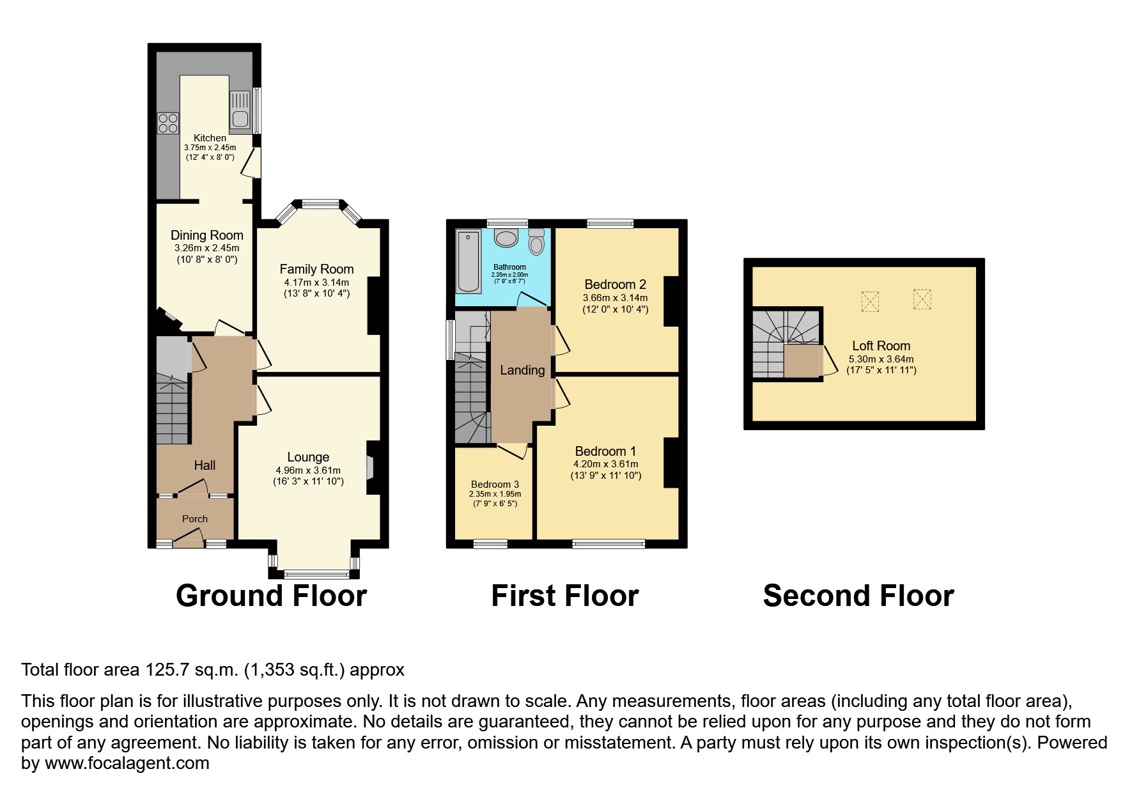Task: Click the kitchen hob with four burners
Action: point(168,123)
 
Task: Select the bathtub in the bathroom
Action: point(469,261)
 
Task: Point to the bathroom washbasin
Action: point(508,238)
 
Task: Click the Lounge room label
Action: point(308,457)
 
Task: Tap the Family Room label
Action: point(316,269)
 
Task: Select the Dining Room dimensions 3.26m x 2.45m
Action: point(206,248)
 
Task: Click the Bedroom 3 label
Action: point(495,485)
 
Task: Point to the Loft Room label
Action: point(881,346)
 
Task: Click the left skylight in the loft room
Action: point(870,301)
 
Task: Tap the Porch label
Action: point(195,519)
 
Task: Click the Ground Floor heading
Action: point(271,596)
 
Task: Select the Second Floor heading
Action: point(858,596)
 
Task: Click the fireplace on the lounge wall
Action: point(369,467)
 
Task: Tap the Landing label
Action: point(522,370)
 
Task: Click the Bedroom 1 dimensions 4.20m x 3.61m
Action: point(606,464)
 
